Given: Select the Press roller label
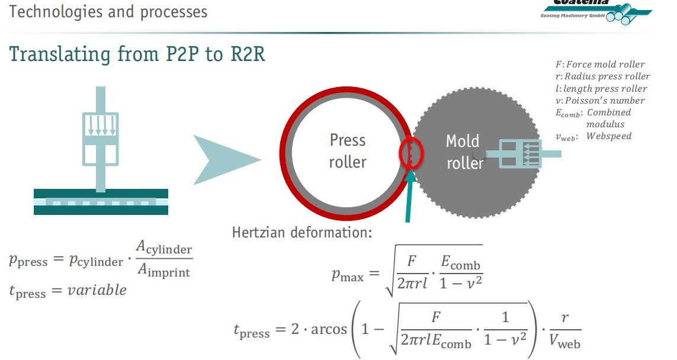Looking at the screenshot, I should (x=348, y=151).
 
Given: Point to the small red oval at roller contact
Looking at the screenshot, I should (x=411, y=152).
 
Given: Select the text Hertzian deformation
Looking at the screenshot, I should (x=302, y=232).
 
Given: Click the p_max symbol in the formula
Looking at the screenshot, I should (x=347, y=274).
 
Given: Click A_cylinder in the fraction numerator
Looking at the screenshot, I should (x=165, y=249).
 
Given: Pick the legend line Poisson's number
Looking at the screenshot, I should (x=600, y=100).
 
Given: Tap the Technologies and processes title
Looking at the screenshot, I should (x=108, y=11).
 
